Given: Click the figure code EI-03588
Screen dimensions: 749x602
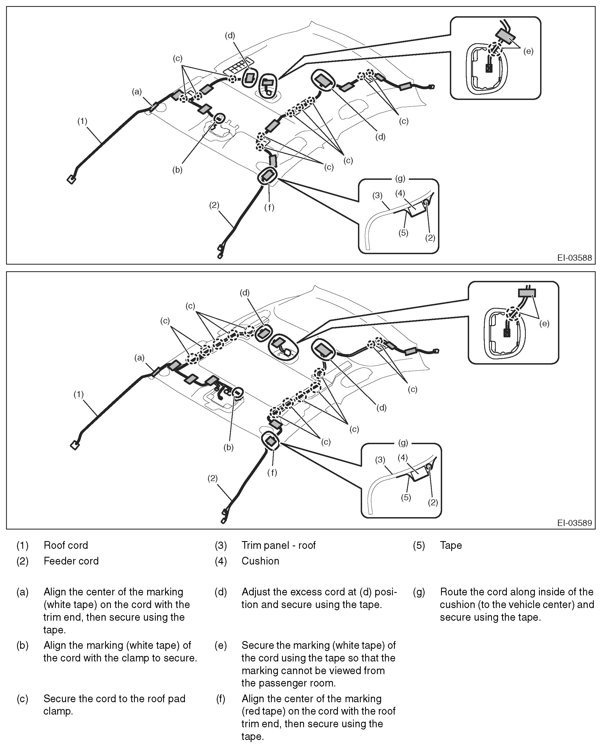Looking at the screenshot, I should pos(574,258).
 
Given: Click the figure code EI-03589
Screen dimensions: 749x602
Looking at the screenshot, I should pos(574,523).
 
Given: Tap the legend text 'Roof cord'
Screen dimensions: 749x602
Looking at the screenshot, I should pos(65,545).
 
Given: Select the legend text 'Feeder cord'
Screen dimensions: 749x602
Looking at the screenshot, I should pos(71,561).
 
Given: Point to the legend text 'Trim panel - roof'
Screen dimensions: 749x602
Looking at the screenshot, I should pos(278,545).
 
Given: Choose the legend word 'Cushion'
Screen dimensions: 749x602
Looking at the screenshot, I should pos(260,561).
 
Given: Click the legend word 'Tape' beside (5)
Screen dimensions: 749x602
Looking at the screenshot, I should pos(451,545).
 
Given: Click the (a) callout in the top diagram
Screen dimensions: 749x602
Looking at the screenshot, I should pos(137,92).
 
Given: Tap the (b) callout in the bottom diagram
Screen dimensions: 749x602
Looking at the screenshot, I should pos(228,447).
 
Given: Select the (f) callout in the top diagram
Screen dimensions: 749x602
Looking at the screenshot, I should pos(269,207).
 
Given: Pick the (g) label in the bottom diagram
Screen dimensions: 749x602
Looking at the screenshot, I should pos(403,443).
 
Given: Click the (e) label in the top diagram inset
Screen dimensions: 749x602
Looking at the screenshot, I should pos(528,51).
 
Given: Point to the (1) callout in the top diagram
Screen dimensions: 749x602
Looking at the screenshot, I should pos(82,121).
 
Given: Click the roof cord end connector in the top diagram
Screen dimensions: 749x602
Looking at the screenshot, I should pos(72,179).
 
